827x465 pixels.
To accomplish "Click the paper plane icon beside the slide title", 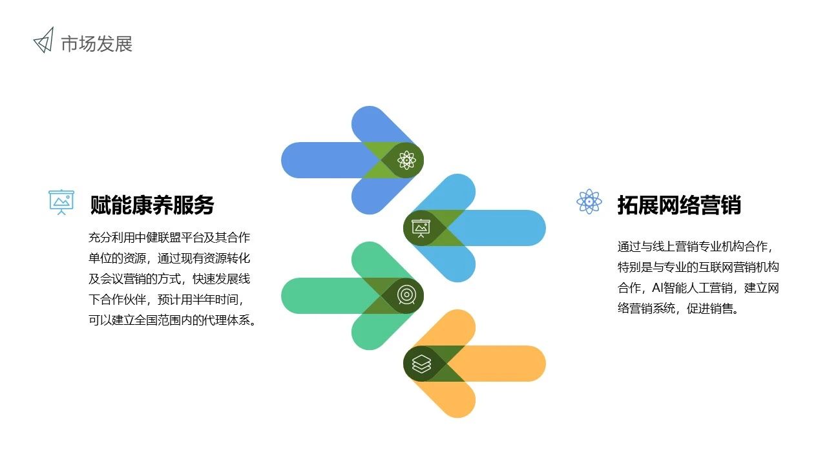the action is [x=44, y=41].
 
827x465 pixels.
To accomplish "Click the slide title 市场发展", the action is [x=97, y=44].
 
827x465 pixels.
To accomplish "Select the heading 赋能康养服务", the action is [x=152, y=205].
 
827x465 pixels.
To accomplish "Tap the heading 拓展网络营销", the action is [x=679, y=205].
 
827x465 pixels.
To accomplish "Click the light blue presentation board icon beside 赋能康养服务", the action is [x=61, y=202].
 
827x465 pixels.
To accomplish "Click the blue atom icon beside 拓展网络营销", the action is [x=589, y=201].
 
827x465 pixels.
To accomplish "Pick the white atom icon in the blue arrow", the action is [x=406, y=160].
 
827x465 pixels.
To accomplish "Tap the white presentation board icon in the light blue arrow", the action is [x=421, y=228].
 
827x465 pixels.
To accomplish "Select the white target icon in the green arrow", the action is [x=406, y=296].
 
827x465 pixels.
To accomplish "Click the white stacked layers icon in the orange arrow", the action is [x=421, y=364].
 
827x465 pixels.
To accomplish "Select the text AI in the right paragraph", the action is [x=658, y=287].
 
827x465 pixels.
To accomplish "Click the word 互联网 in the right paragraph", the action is [x=715, y=267].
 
